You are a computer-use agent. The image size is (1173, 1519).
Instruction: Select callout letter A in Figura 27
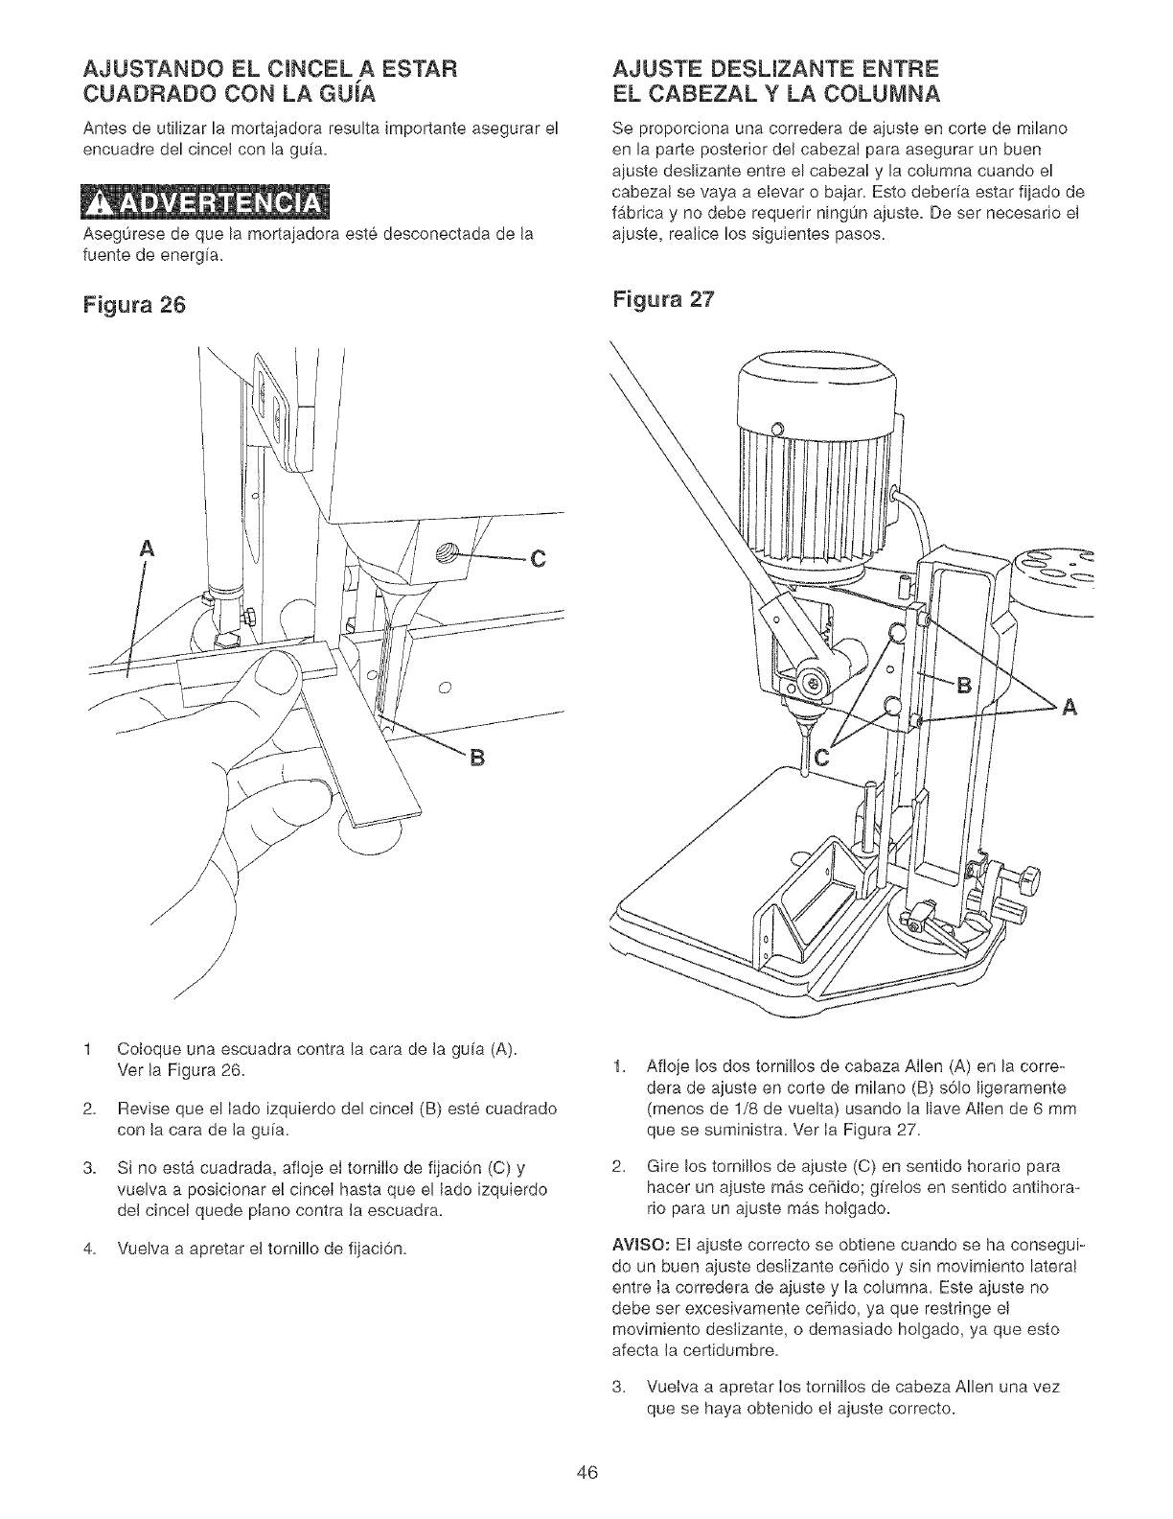point(1069,709)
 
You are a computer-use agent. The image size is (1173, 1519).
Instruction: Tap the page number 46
point(586,1473)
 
